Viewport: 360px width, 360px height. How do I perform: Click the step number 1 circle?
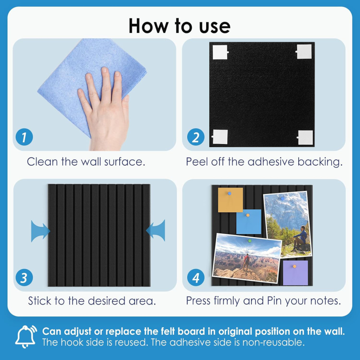coord(24,137)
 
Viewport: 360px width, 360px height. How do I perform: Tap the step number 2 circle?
coord(196,137)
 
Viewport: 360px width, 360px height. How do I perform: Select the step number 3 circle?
coord(24,277)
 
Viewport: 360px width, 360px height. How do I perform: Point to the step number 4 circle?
coord(196,277)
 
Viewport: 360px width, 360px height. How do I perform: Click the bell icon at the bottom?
coord(26,336)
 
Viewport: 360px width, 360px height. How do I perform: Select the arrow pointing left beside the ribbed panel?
coord(156,230)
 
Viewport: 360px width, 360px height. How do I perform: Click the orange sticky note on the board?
coord(230,200)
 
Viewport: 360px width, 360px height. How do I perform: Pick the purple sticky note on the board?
coord(295,273)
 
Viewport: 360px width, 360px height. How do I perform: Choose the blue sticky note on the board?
coord(249,221)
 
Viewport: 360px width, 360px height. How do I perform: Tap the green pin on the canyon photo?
coord(250,241)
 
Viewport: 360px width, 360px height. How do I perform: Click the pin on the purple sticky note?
coord(295,266)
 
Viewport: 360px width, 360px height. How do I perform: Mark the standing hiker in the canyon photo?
coord(246,263)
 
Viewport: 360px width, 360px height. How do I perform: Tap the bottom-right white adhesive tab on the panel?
coord(305,138)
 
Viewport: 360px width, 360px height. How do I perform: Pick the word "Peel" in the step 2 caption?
coord(197,162)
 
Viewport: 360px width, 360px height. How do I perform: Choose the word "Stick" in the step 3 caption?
coord(40,301)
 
